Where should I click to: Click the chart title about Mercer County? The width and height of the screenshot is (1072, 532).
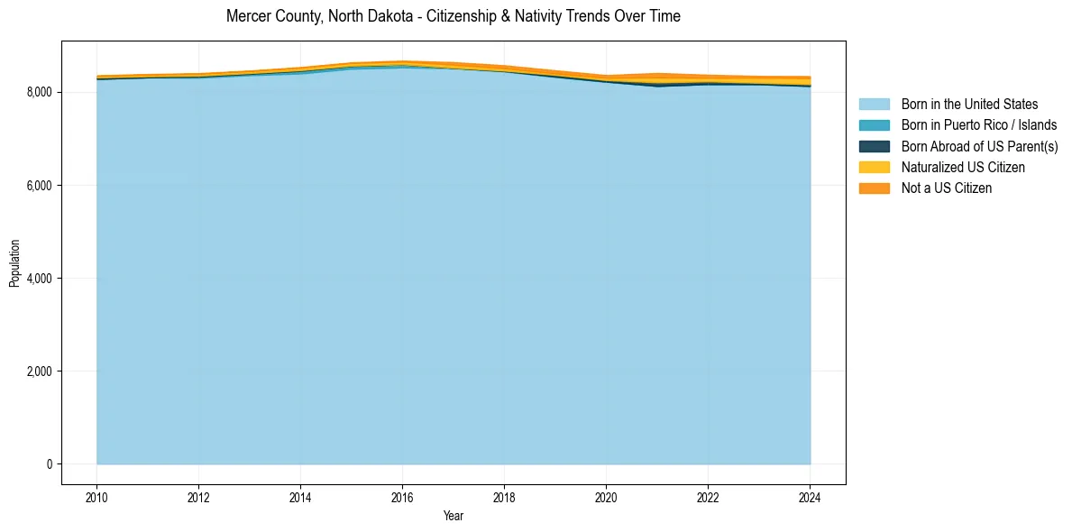pos(454,16)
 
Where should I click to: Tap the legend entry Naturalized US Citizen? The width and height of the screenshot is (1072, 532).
pos(963,168)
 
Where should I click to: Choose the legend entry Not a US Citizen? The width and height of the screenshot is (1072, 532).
pos(947,188)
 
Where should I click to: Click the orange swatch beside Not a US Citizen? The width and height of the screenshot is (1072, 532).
pos(874,188)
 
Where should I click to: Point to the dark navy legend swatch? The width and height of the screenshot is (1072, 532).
pos(874,146)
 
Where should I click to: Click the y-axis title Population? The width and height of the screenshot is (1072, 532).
pos(14,262)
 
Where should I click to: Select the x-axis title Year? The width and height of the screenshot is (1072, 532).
pos(454,517)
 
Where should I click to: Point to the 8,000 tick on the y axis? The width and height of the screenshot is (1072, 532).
pos(41,92)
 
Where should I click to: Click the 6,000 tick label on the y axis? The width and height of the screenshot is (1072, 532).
pos(41,186)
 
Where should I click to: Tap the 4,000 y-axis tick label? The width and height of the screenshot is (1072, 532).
pos(41,279)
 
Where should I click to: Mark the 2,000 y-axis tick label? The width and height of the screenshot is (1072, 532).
pos(41,371)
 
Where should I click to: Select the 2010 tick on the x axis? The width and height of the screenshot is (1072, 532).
pos(96,497)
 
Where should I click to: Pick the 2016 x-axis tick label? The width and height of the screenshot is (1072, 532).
pos(402,497)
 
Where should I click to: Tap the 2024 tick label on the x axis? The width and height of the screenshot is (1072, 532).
pos(810,497)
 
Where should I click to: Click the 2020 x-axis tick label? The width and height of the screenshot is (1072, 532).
pos(606,497)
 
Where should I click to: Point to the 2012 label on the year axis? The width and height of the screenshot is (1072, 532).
pos(198,497)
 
